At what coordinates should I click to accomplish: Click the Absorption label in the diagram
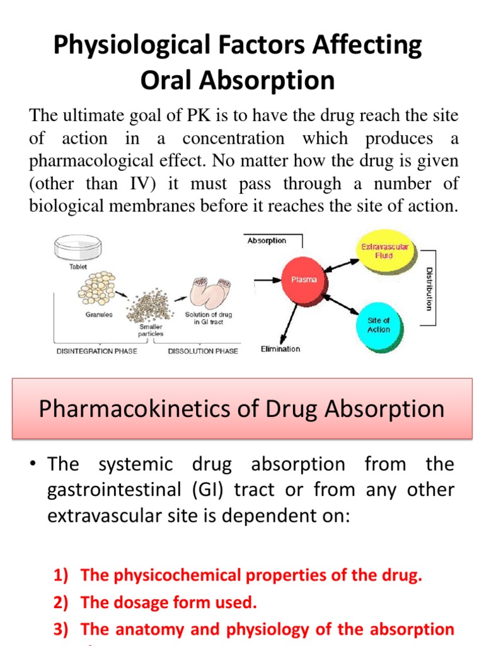(x=267, y=240)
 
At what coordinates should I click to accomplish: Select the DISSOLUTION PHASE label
(x=203, y=351)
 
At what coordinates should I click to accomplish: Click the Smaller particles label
(x=151, y=331)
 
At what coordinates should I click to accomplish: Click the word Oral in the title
(x=168, y=80)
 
